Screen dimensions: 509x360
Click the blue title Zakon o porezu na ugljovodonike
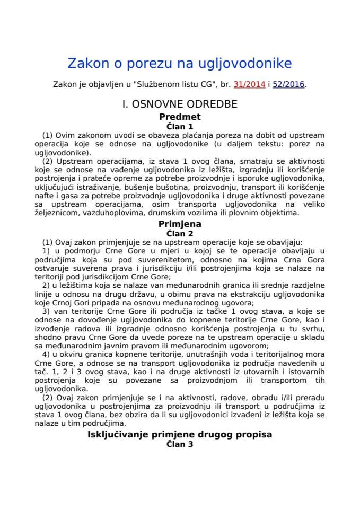tap(179, 64)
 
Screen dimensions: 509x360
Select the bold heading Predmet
tap(179, 117)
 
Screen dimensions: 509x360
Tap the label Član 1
tap(179, 126)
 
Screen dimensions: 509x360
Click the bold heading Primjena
tap(179, 224)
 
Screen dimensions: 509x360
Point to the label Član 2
tap(179, 233)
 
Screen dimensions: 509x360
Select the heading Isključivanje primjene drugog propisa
tap(179, 435)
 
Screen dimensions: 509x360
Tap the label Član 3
tap(179, 444)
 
